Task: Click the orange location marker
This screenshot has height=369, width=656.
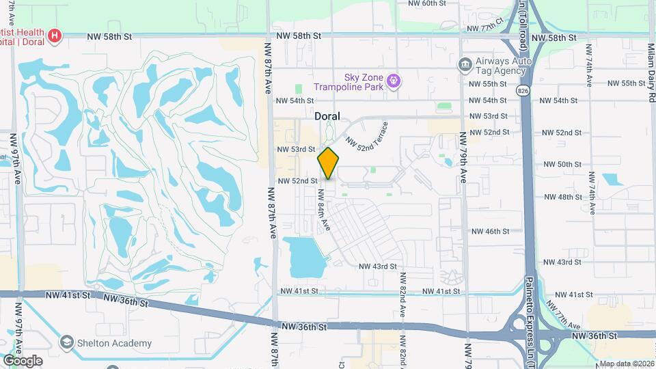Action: pyautogui.click(x=329, y=163)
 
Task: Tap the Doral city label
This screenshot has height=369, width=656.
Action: pyautogui.click(x=327, y=116)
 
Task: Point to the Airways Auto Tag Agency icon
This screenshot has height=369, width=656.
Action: pyautogui.click(x=464, y=64)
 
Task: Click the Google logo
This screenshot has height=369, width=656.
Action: pyautogui.click(x=23, y=361)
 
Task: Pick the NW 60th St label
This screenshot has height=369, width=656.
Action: pyautogui.click(x=426, y=3)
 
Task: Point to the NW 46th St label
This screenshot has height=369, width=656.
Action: pyautogui.click(x=490, y=232)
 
